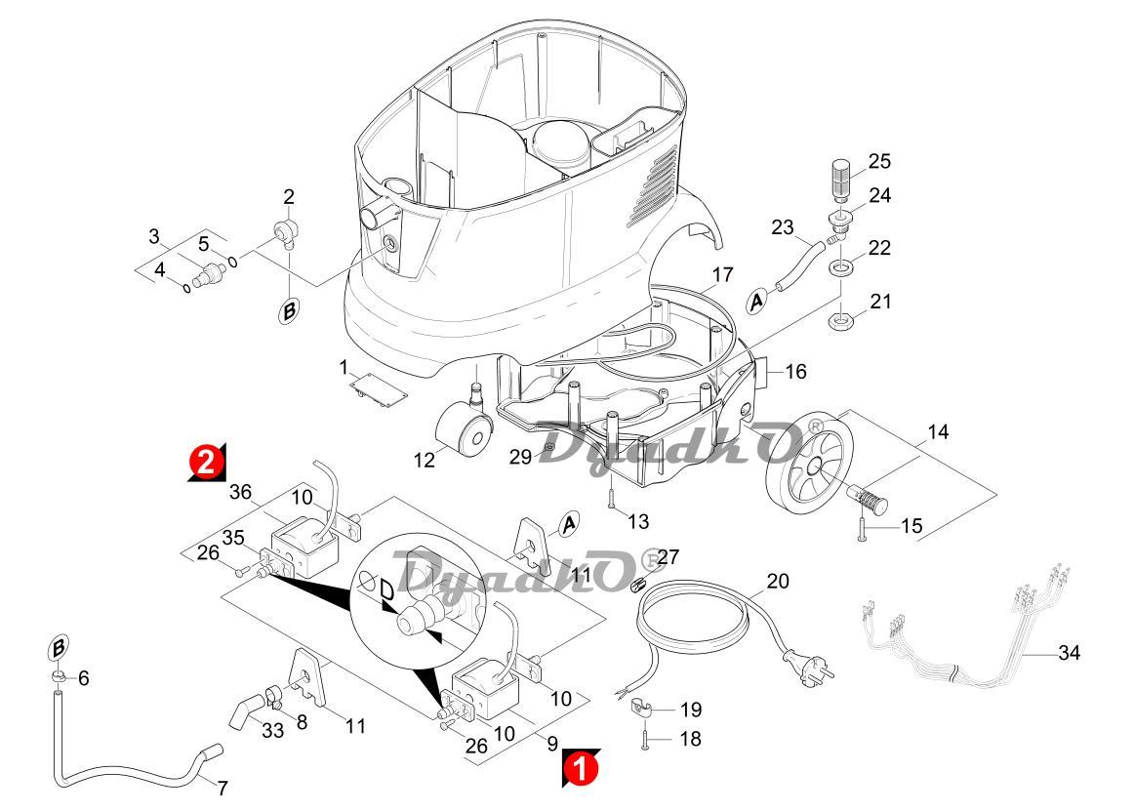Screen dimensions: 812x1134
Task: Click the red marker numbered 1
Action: click(x=580, y=767)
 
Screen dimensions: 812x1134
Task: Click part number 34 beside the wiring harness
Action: click(x=1069, y=653)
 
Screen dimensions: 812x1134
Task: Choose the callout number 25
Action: click(x=879, y=161)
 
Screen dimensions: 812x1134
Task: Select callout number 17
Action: click(x=721, y=275)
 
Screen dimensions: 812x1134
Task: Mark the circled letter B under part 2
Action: click(x=290, y=312)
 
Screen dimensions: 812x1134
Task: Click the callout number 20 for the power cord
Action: click(x=777, y=582)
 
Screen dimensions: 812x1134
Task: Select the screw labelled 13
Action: click(x=610, y=497)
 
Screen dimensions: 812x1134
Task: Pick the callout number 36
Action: click(x=240, y=493)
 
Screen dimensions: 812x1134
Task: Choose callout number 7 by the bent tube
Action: click(x=223, y=788)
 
